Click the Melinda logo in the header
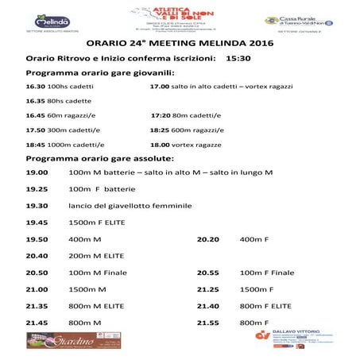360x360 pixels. [51, 20]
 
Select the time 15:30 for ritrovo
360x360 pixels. [238, 59]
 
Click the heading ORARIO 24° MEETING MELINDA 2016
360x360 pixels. [179, 43]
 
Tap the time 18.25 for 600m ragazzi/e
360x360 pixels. [159, 130]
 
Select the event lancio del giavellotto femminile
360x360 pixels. [130, 205]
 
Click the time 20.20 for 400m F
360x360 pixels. [207, 238]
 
